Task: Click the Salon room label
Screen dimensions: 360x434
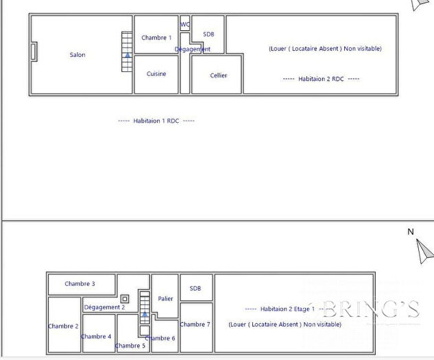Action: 77,55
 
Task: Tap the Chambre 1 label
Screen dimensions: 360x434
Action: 156,38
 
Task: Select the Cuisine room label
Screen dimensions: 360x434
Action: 156,74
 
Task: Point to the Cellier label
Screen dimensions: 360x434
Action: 218,75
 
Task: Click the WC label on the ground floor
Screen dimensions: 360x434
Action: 185,25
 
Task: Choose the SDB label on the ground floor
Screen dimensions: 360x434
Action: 208,34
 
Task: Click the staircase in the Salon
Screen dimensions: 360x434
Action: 127,51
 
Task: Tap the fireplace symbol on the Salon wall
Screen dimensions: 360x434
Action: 34,52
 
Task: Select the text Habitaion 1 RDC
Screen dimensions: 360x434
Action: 156,121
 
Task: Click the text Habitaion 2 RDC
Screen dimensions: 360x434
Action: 321,79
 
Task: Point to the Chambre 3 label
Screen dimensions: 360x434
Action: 80,284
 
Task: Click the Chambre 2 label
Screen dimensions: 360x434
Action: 63,326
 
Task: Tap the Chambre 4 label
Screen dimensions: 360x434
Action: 96,337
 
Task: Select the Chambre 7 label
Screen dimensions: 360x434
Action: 195,324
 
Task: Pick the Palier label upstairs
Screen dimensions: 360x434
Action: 165,299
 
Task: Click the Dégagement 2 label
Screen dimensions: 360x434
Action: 104,307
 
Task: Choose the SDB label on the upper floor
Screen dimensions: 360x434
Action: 195,289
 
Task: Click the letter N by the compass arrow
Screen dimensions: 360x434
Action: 411,232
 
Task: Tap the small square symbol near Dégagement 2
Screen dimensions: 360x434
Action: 125,299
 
